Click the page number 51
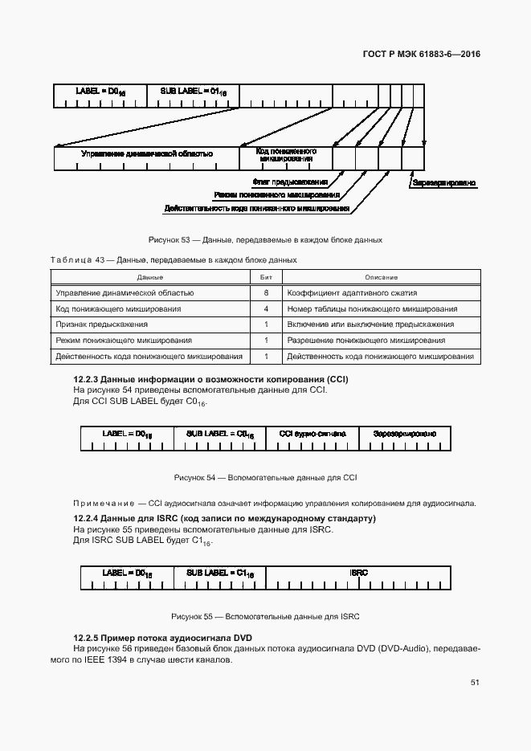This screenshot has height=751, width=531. coord(474,683)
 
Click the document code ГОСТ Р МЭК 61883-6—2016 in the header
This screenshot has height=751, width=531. coord(421,55)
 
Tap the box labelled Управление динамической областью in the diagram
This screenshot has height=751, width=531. coord(146,153)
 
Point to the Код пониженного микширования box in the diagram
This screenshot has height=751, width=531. coord(285,154)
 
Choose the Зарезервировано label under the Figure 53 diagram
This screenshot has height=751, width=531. coord(443,182)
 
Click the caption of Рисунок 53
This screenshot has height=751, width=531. coord(265,239)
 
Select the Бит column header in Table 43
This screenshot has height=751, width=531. coord(265,277)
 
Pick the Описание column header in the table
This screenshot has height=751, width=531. coord(381,277)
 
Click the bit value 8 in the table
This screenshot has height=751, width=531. coord(265,293)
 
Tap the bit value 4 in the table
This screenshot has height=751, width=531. coord(265,308)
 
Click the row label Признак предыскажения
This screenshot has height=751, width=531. coord(101,324)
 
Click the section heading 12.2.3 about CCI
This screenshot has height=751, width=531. coord(211,378)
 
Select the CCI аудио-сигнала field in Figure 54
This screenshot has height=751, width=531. coord(312,434)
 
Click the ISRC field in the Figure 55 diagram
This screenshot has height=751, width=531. coord(359,572)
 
